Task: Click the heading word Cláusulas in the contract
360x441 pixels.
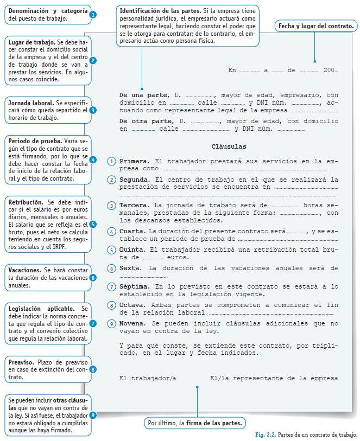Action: coord(229,146)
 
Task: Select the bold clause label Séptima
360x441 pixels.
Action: coord(135,286)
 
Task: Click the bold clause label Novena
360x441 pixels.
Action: coord(133,323)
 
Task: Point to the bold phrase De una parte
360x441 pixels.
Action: coord(140,95)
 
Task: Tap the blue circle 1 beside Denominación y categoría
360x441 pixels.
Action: coord(93,15)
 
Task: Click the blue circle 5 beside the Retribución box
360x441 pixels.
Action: coord(93,224)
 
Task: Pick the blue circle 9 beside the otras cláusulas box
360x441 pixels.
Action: coord(93,415)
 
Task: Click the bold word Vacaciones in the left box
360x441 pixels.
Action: coord(24,270)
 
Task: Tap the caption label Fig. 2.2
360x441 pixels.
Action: coord(265,435)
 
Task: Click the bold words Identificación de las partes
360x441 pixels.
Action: coord(159,11)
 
